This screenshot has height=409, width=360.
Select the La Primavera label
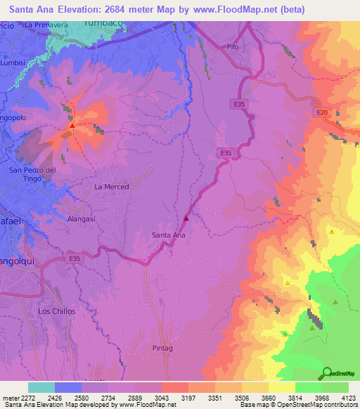coord(45,25)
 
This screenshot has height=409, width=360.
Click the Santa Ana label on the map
coord(169,235)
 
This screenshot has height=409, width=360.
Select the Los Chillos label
coord(56,311)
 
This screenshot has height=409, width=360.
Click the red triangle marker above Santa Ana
coord(186,218)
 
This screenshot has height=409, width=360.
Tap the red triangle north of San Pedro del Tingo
coord(72,126)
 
